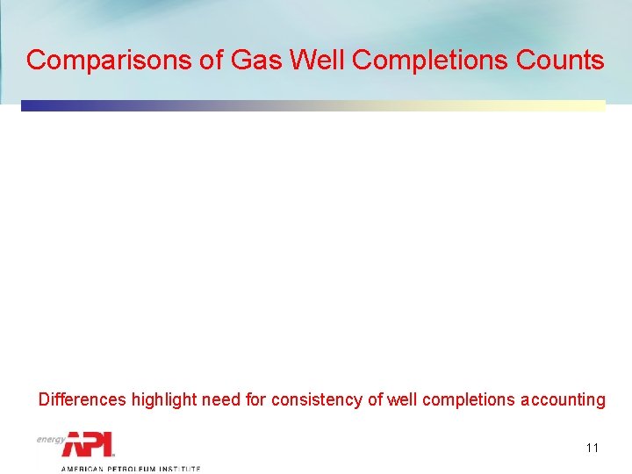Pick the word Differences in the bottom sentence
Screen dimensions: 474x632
pos(83,400)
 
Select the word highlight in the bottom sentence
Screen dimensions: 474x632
pos(164,400)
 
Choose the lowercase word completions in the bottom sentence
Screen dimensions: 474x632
pos(468,400)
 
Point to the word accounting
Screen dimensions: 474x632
pos(562,400)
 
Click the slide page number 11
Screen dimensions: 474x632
pos(592,448)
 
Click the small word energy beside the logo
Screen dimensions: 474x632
pos(51,438)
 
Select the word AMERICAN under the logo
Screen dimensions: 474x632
pos(81,469)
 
